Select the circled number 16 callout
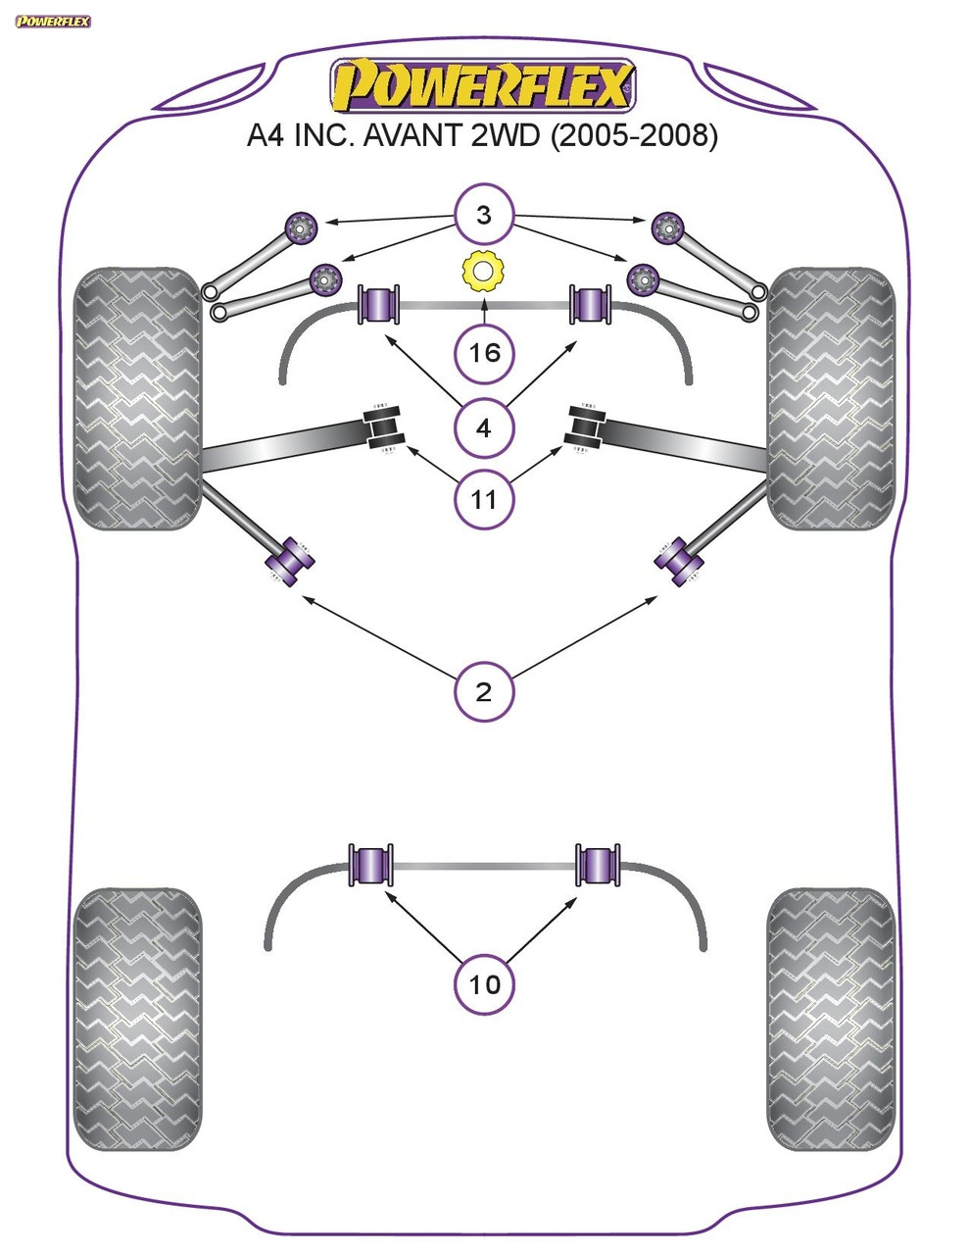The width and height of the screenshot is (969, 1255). click(484, 351)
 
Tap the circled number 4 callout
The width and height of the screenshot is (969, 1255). click(484, 427)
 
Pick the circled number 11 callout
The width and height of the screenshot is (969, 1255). click(484, 500)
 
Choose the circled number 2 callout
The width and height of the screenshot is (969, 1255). click(484, 692)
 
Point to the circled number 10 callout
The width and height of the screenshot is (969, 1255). click(484, 982)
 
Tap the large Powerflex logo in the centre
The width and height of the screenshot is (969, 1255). click(483, 86)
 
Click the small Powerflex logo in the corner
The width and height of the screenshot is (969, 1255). click(53, 21)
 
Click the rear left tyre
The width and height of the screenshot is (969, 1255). click(138, 1020)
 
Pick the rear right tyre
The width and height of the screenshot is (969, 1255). click(831, 1020)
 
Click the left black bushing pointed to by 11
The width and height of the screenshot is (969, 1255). click(384, 429)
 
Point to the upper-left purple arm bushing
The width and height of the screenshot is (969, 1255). click(300, 229)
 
